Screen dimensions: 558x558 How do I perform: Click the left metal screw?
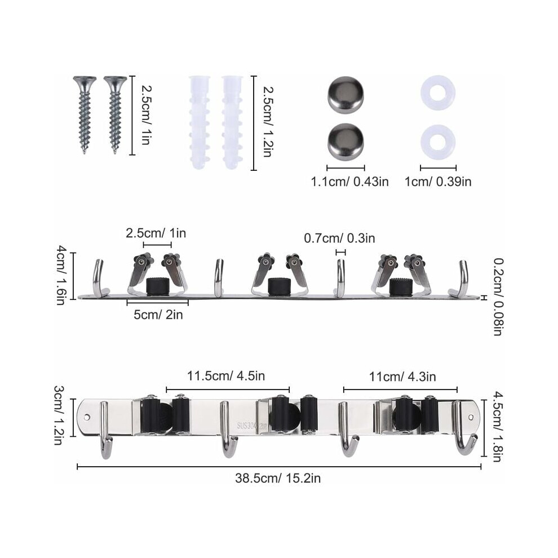point(85,114)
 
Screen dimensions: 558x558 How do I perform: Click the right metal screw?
point(115,114)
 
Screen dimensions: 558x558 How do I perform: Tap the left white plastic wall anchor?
point(200,122)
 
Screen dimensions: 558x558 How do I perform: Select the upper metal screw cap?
point(346,93)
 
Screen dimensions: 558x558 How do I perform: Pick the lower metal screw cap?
point(346,142)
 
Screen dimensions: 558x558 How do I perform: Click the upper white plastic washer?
point(438,93)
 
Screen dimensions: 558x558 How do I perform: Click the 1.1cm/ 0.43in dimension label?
point(350,182)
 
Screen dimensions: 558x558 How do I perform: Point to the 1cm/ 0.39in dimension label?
point(438,182)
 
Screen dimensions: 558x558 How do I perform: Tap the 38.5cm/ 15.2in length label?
point(278,478)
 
